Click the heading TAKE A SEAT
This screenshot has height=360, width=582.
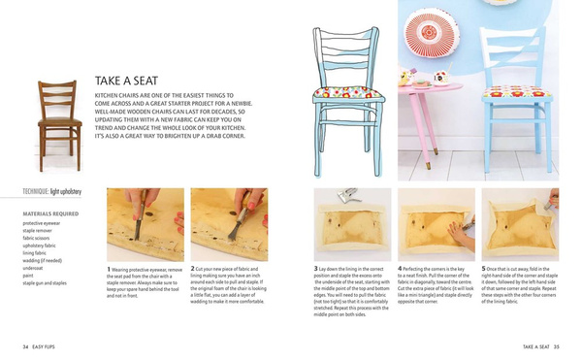pyautogui.click(x=140, y=81)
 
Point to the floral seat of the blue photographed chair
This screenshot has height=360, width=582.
pyautogui.click(x=519, y=93)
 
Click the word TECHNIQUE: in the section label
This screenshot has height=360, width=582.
pyautogui.click(x=36, y=192)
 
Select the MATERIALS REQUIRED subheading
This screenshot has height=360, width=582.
pyautogui.click(x=50, y=213)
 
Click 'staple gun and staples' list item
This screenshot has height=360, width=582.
pyautogui.click(x=45, y=283)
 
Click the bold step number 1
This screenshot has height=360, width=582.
pyautogui.click(x=108, y=269)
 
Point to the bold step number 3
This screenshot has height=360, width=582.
pyautogui.click(x=315, y=268)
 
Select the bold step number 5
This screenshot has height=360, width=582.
pyautogui.click(x=484, y=268)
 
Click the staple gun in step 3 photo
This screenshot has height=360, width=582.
pyautogui.click(x=349, y=196)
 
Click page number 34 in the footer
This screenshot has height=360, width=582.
pyautogui.click(x=25, y=345)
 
